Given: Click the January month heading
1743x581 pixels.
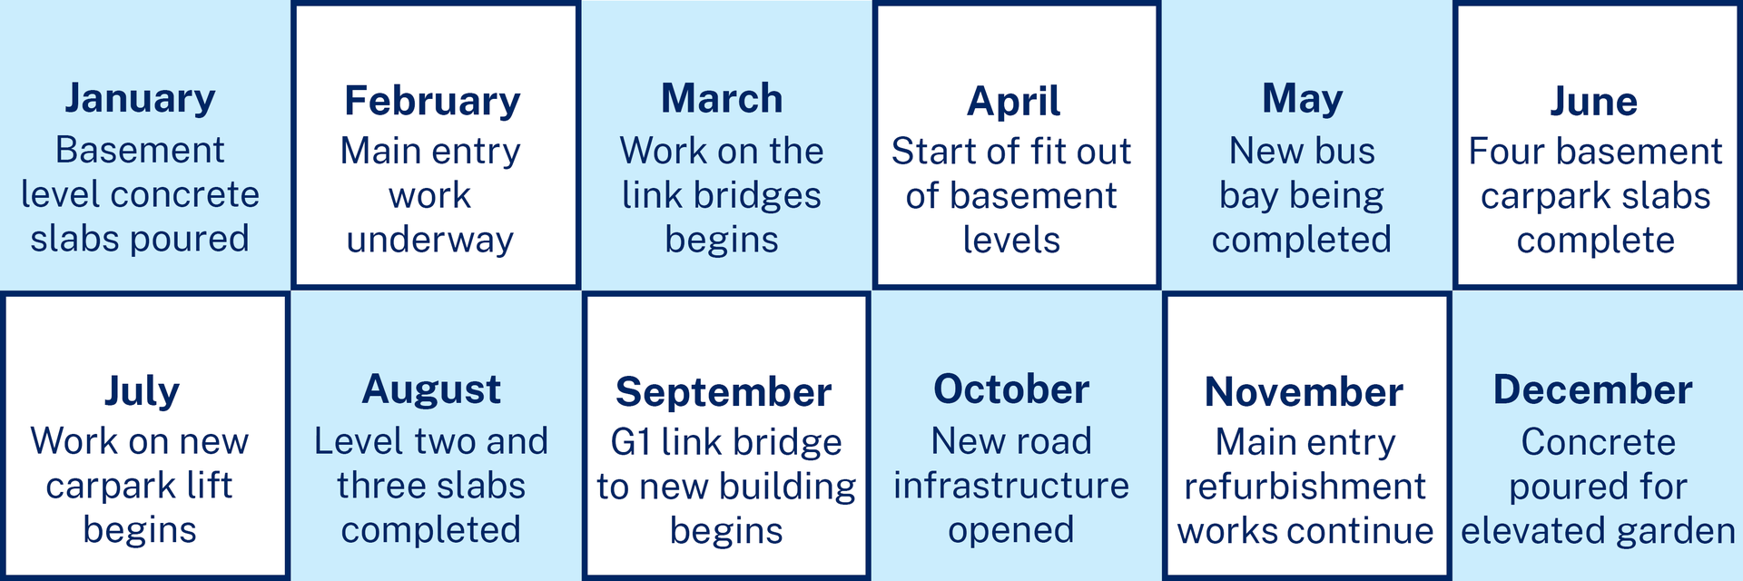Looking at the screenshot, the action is pyautogui.click(x=140, y=99).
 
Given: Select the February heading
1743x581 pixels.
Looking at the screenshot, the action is pyautogui.click(x=432, y=102).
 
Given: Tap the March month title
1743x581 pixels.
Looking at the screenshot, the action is pyautogui.click(x=722, y=98).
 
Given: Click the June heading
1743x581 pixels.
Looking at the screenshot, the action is pyautogui.click(x=1593, y=101).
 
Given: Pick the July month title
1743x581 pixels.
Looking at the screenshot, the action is pyautogui.click(x=142, y=392).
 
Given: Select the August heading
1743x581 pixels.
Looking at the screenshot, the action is pyautogui.click(x=431, y=390).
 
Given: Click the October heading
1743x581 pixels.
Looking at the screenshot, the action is pyautogui.click(x=1011, y=389).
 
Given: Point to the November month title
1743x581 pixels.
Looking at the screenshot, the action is pyautogui.click(x=1304, y=392).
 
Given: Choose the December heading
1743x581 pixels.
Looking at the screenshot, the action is pyautogui.click(x=1593, y=389).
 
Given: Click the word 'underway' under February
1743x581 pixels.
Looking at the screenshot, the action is pyautogui.click(x=430, y=241).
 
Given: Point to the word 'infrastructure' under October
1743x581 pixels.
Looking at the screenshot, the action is pyautogui.click(x=1011, y=486).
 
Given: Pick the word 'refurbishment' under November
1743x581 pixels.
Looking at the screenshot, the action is pyautogui.click(x=1305, y=487).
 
